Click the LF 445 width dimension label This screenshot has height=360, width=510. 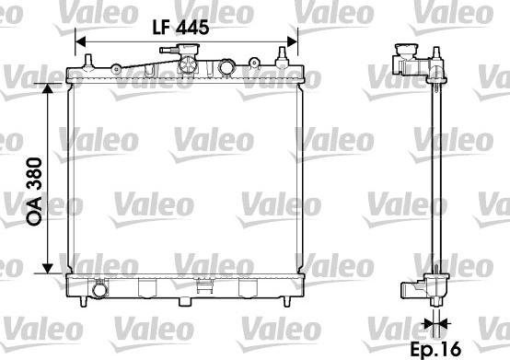[x=180, y=27]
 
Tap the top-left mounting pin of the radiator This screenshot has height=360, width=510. [x=89, y=62]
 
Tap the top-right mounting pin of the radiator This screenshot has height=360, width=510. [x=278, y=62]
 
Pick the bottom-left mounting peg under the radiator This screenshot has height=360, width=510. [x=87, y=300]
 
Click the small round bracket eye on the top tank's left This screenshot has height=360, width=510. [x=117, y=67]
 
